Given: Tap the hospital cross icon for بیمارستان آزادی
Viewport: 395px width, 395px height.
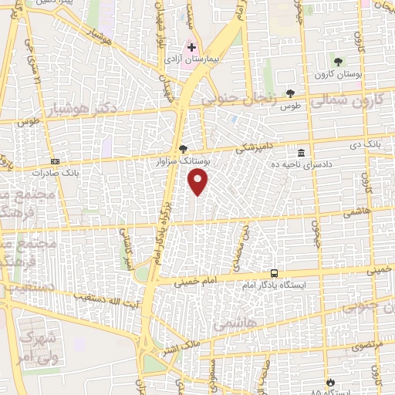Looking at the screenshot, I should pyautogui.click(x=192, y=48).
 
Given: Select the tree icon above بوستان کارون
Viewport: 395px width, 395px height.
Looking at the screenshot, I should pyautogui.click(x=336, y=62).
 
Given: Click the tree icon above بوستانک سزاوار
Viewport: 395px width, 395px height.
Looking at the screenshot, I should pyautogui.click(x=182, y=148).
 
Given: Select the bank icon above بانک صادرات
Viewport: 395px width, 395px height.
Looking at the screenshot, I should pyautogui.click(x=55, y=160).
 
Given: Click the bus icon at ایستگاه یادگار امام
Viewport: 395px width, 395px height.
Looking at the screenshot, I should pyautogui.click(x=275, y=273).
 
